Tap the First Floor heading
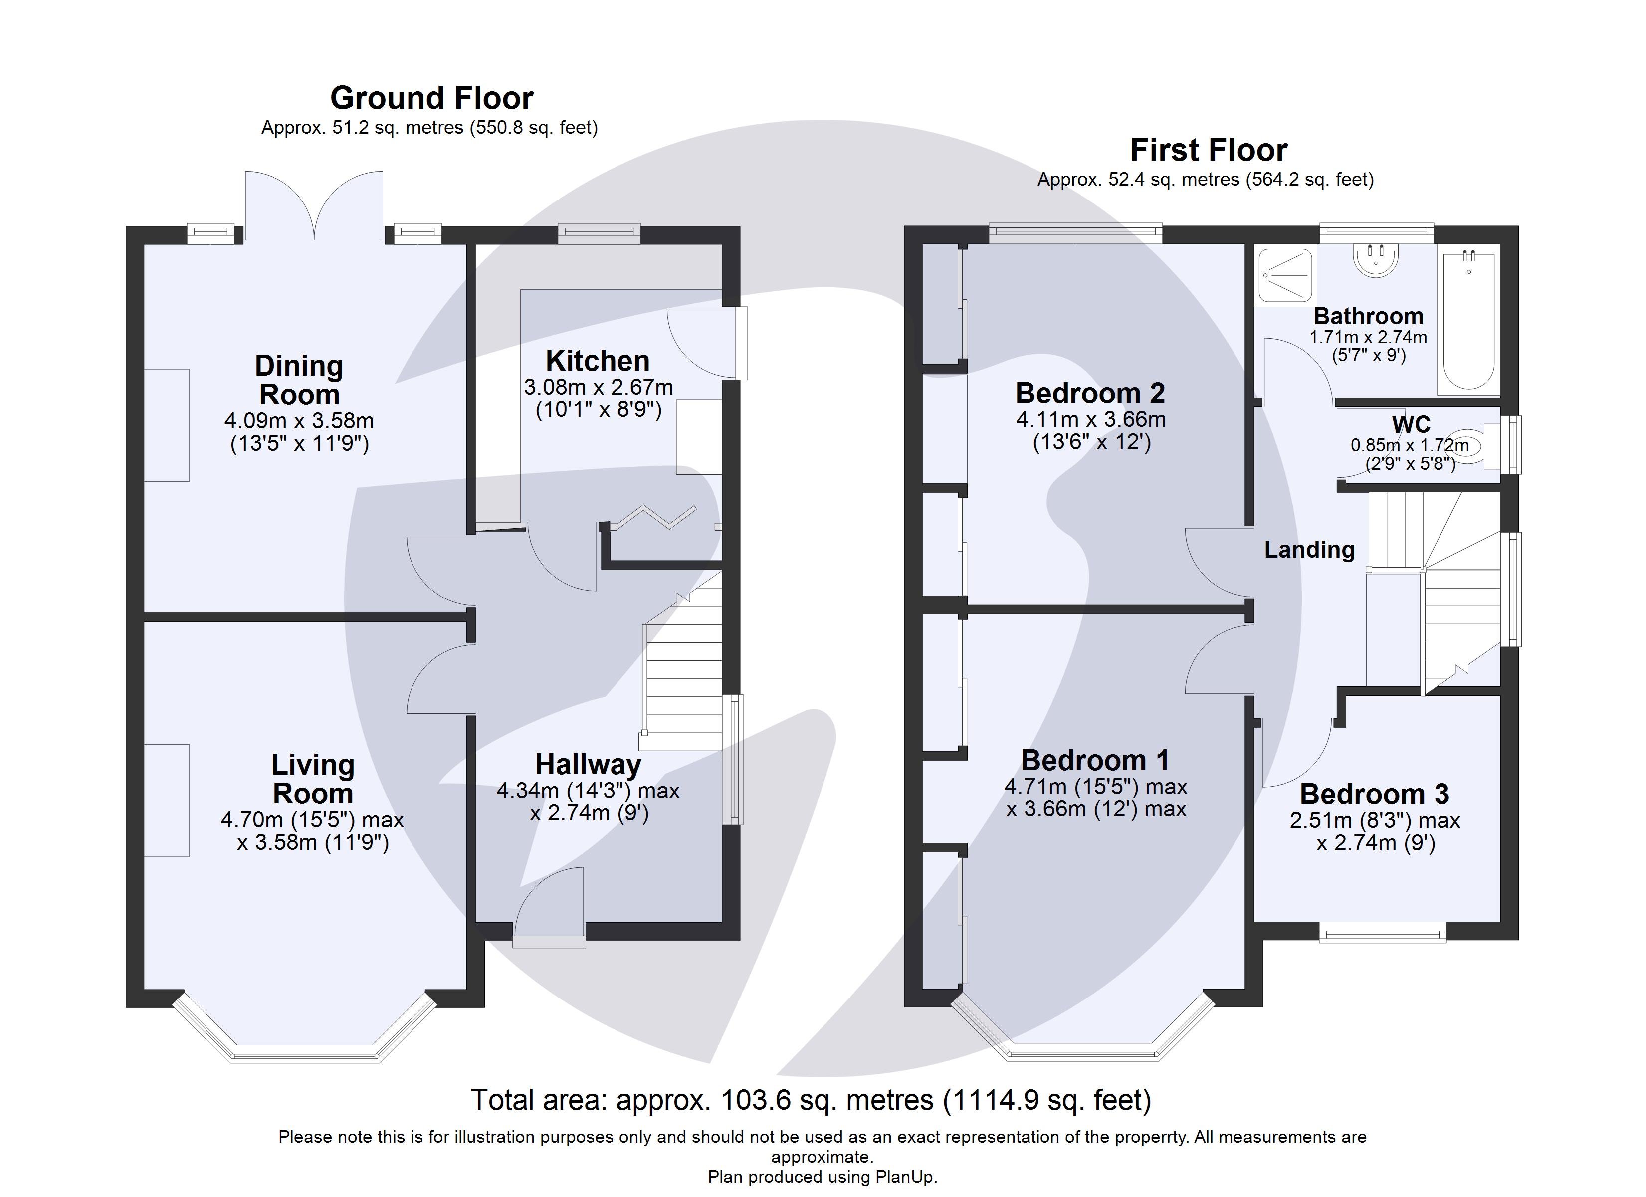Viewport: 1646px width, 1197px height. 1209,150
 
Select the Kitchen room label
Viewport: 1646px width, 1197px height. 597,360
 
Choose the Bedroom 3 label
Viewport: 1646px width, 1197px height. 1374,794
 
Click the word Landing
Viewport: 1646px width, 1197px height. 1309,550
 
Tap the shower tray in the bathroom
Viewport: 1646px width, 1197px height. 1285,275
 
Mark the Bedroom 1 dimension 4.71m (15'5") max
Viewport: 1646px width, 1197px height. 1095,786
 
